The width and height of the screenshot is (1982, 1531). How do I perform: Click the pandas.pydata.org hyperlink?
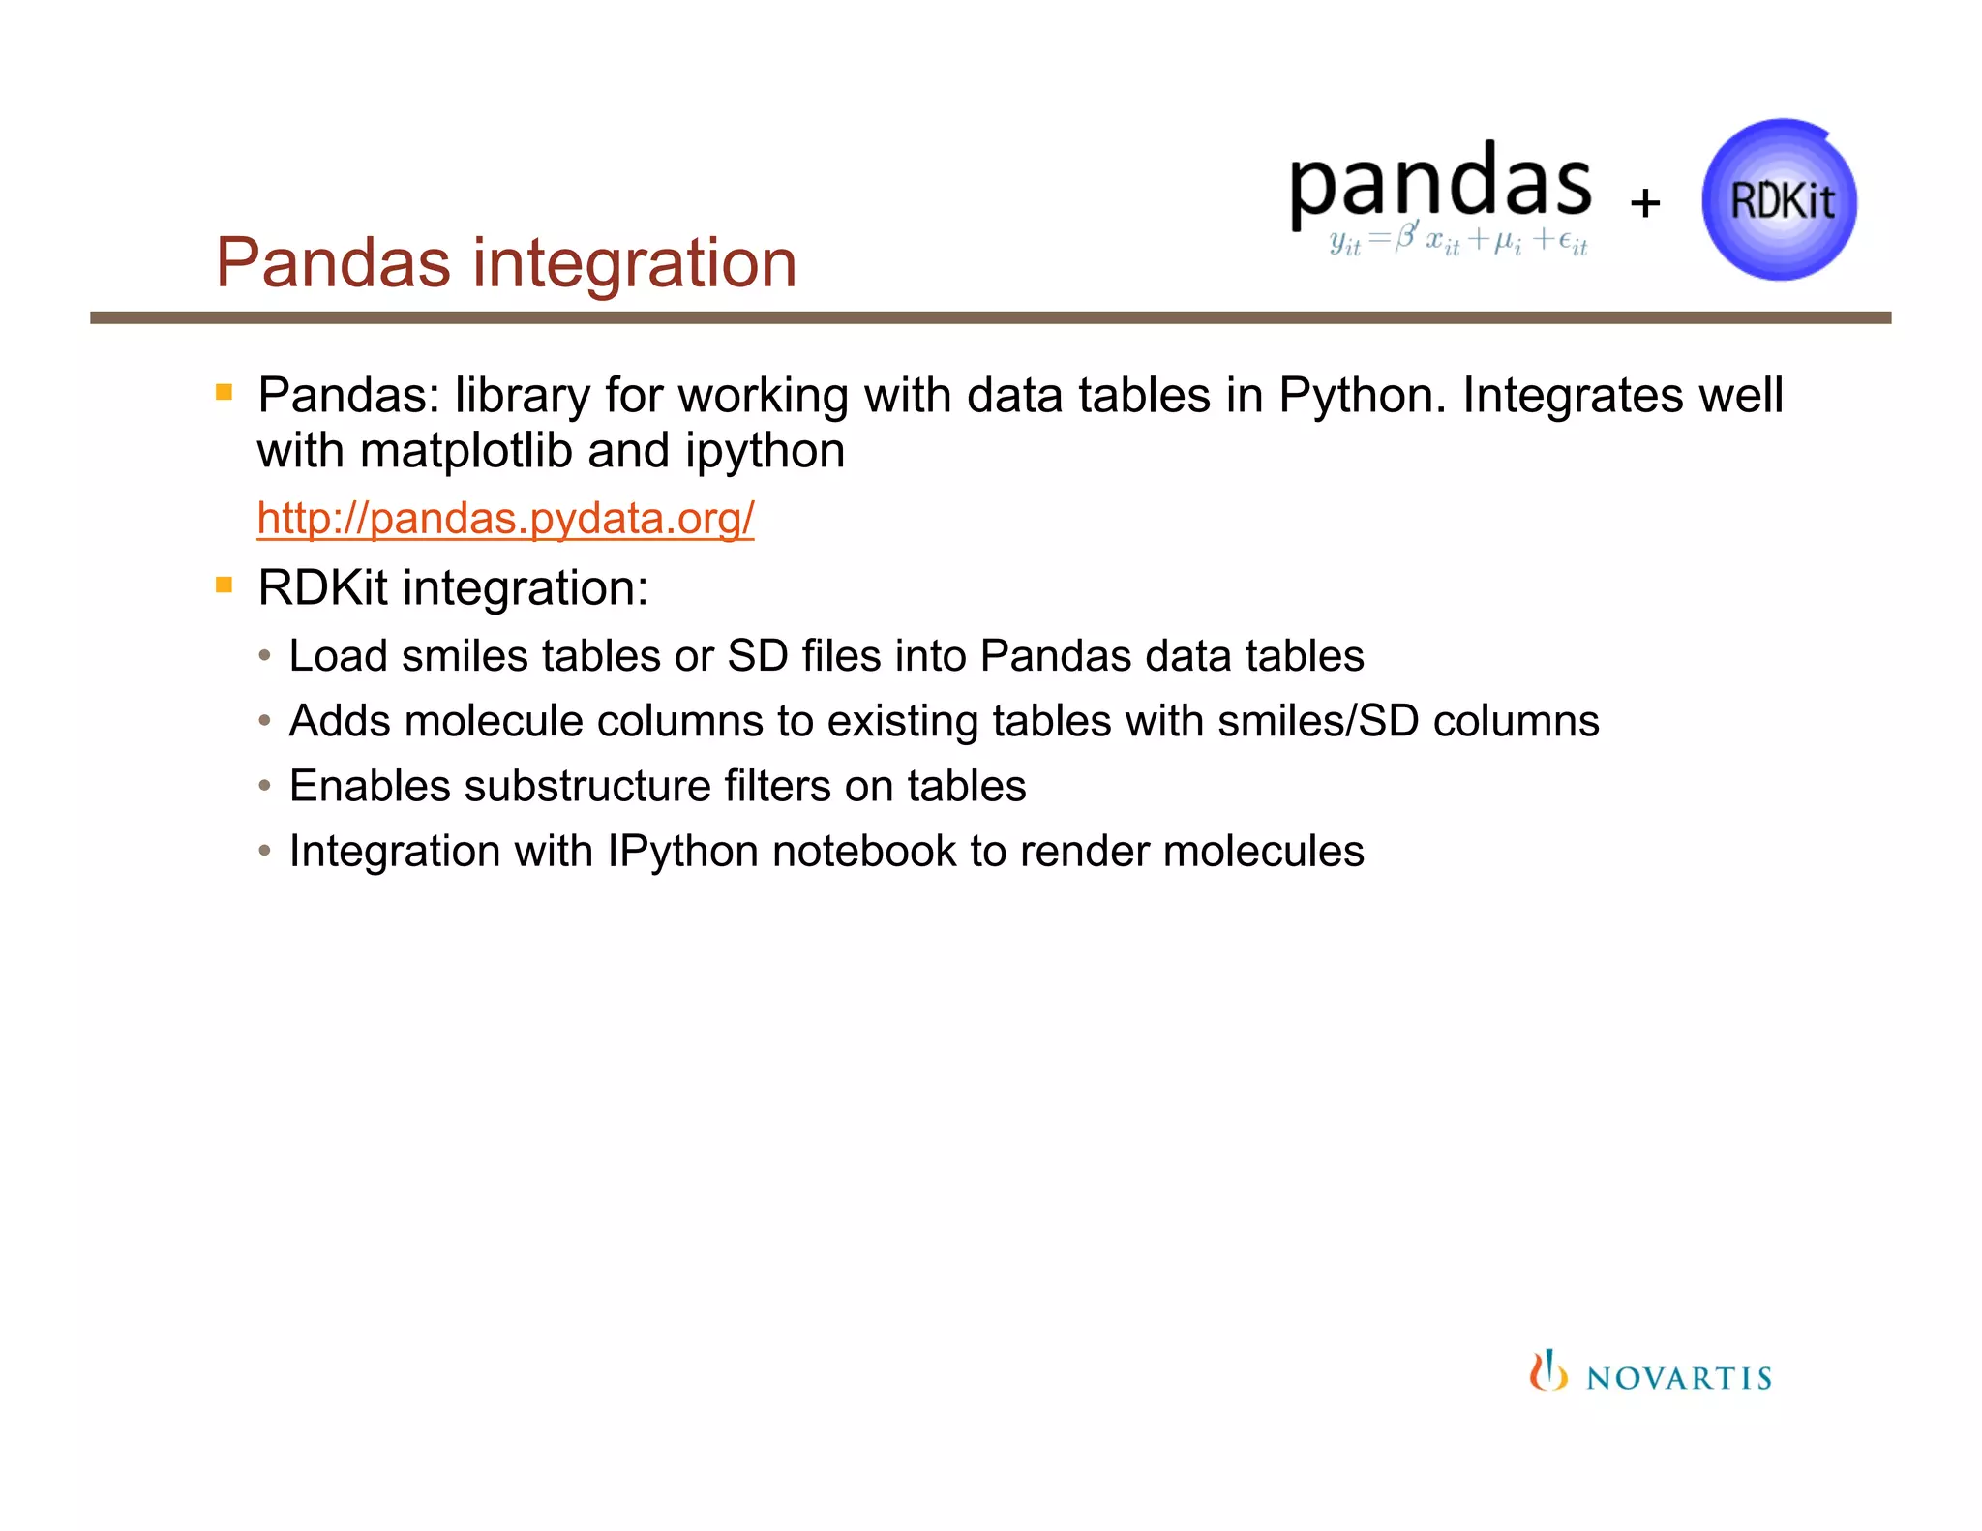[505, 519]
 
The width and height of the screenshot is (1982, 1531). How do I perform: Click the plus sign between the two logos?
[1644, 203]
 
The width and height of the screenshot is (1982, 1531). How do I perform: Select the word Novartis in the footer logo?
[1679, 1378]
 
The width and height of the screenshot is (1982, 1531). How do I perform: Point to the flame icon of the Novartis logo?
[1547, 1371]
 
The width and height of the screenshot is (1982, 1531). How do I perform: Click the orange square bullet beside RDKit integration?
[225, 585]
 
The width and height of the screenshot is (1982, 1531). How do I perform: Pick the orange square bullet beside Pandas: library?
[225, 392]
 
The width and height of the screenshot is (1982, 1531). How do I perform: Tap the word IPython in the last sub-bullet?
[682, 852]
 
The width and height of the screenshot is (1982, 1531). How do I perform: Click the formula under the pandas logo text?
[1457, 239]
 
